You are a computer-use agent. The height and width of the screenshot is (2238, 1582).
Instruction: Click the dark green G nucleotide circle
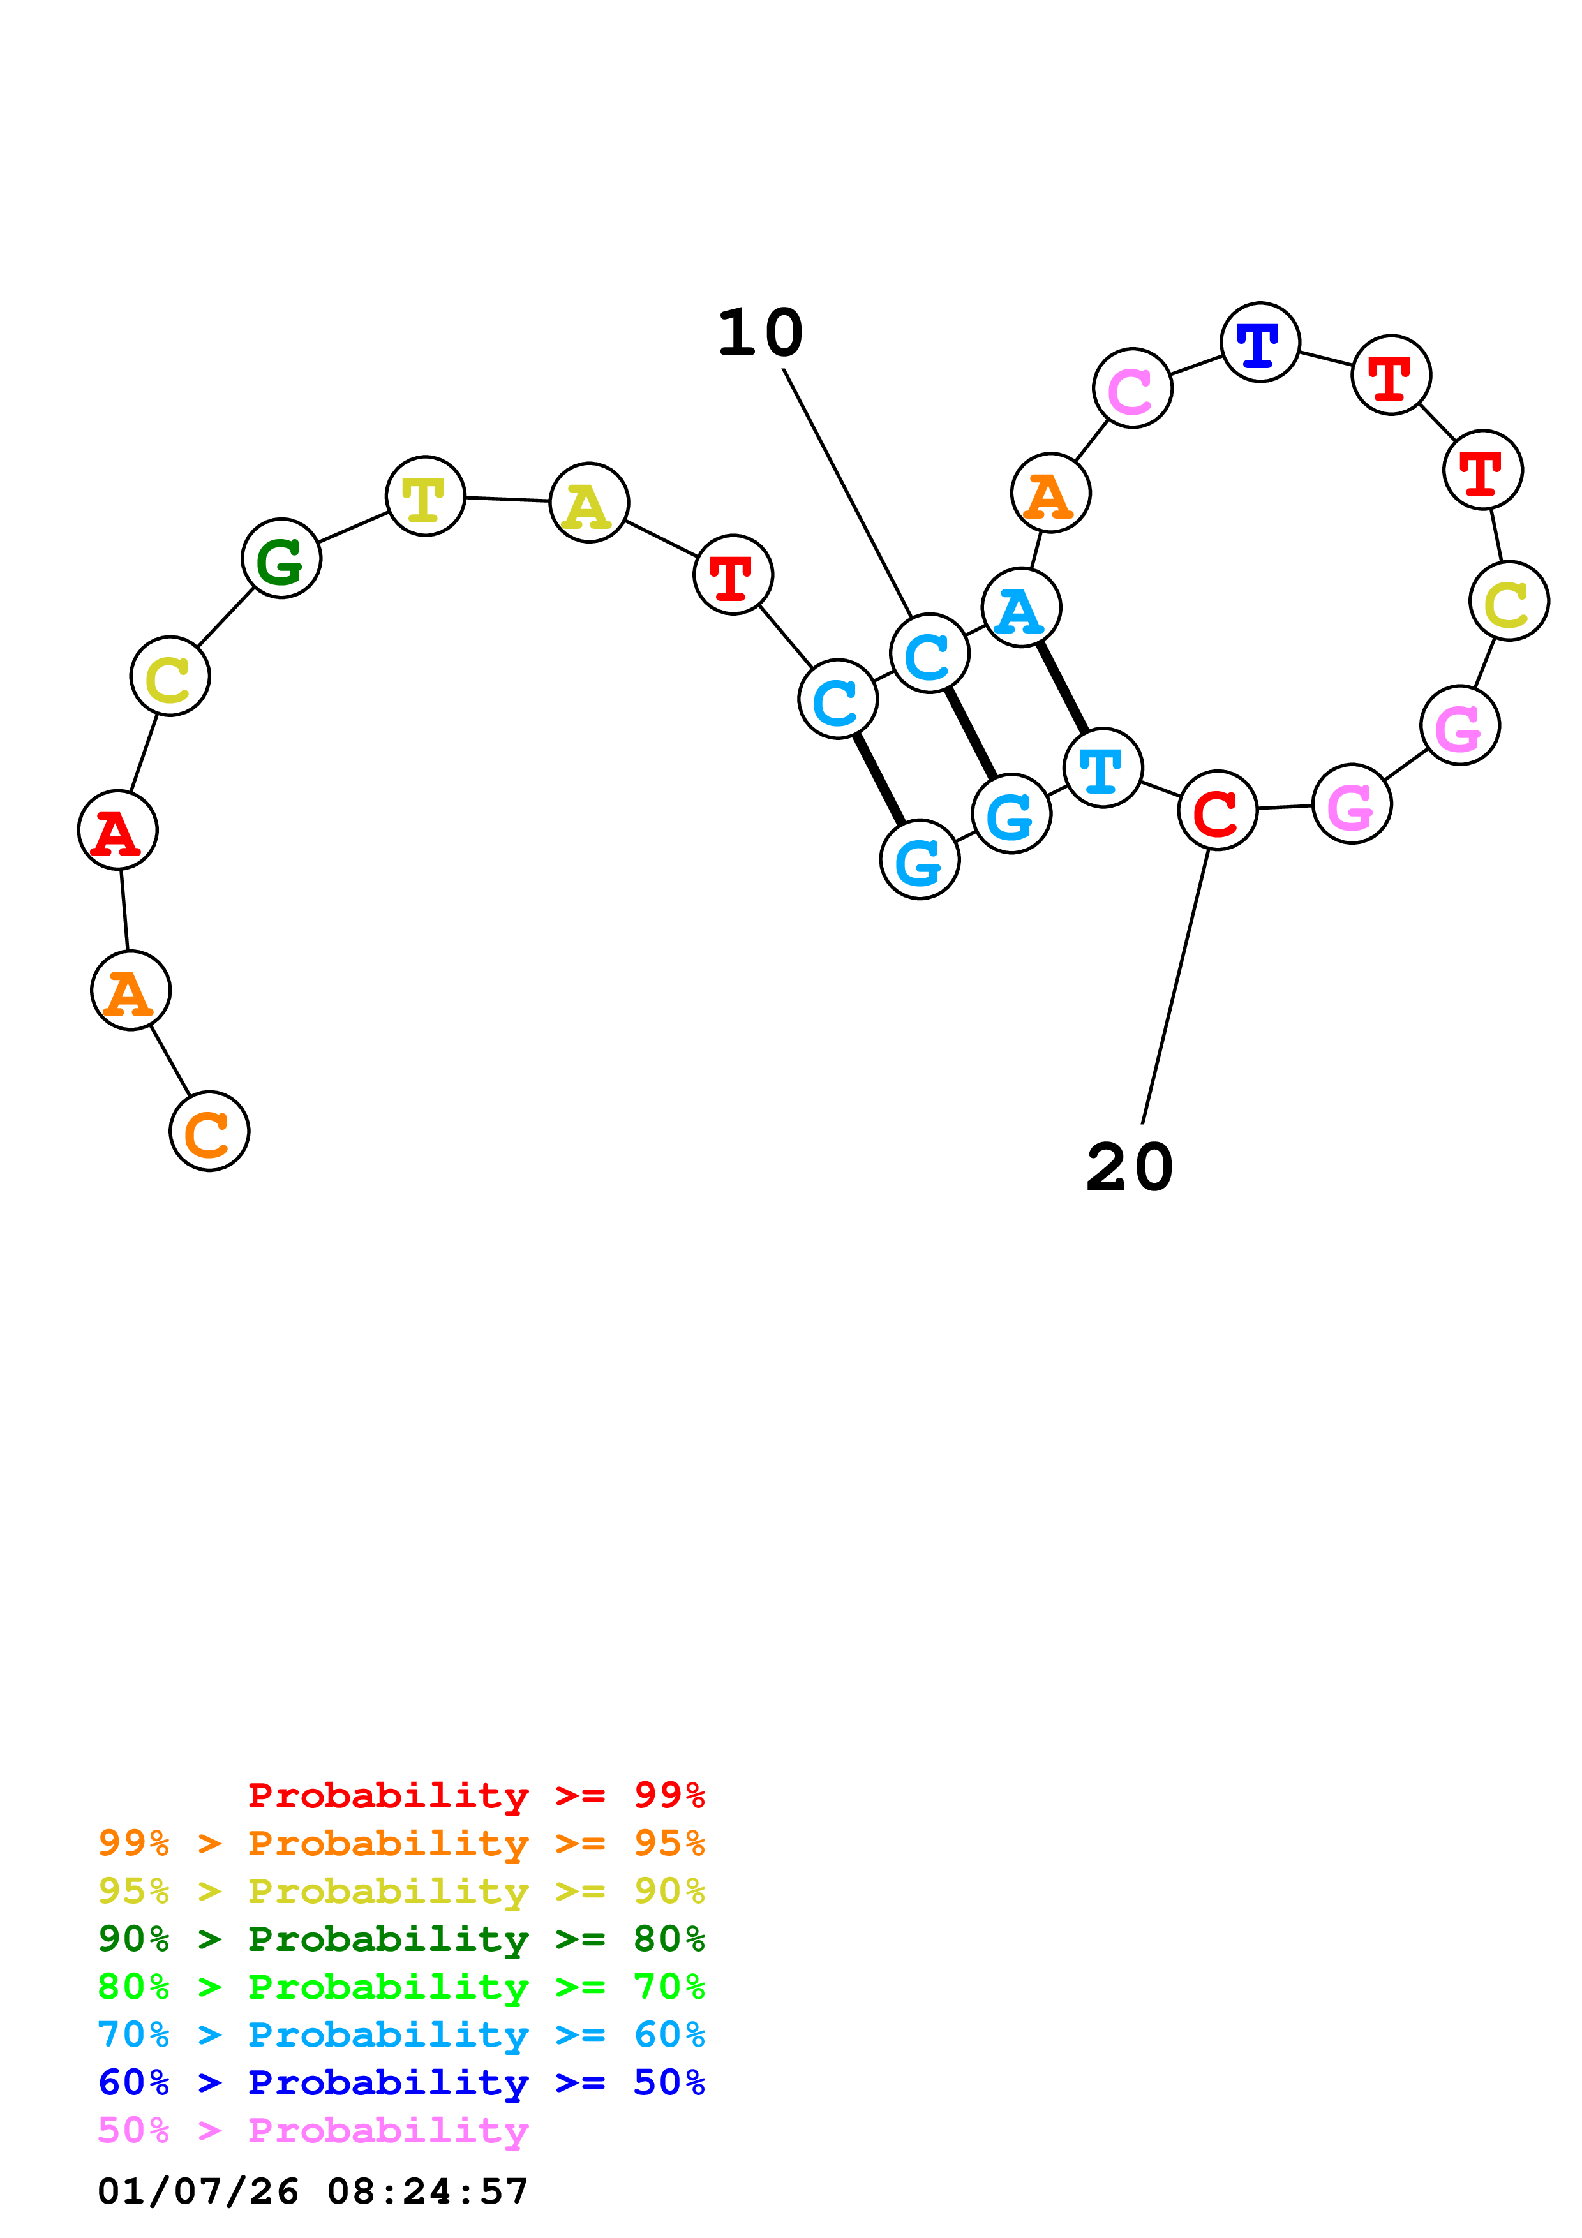[x=281, y=558]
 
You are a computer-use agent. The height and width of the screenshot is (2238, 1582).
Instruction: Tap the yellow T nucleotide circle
[x=425, y=496]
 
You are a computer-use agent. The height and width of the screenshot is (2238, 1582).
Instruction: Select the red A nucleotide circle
[x=118, y=831]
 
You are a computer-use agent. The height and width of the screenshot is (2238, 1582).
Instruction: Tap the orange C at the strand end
[x=209, y=1132]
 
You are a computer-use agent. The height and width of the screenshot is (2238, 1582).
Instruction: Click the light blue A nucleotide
[x=1020, y=608]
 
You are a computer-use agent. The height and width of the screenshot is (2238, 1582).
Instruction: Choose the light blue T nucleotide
[x=1103, y=768]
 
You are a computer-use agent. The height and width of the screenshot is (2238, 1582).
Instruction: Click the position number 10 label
[x=760, y=334]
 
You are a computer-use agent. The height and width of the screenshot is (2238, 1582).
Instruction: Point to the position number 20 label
[x=1129, y=1167]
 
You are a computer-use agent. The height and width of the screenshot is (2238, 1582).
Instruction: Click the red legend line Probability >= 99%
[x=475, y=1795]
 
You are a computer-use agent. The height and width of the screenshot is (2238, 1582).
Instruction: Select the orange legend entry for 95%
[x=401, y=1843]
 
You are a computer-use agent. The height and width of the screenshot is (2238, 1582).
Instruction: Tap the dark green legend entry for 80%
[x=401, y=1939]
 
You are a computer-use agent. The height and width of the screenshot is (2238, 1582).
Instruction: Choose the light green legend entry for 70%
[x=401, y=1987]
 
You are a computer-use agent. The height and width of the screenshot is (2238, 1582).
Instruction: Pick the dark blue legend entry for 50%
[x=401, y=2082]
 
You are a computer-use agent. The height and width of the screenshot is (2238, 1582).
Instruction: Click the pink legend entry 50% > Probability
[x=313, y=2130]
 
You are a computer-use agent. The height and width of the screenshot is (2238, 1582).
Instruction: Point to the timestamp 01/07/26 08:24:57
[x=313, y=2191]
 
